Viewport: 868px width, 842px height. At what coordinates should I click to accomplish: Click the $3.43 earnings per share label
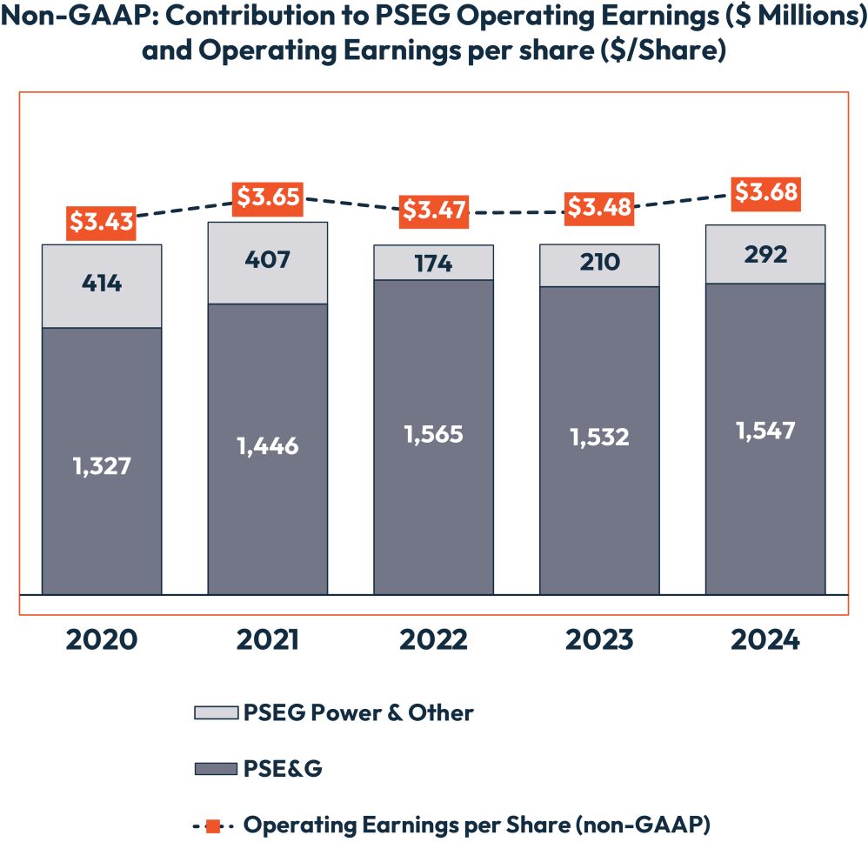tap(102, 223)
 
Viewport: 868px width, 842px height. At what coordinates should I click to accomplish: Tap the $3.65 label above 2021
tap(268, 197)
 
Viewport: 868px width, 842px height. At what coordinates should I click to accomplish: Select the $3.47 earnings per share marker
tap(434, 211)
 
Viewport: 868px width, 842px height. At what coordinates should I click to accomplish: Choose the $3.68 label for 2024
tap(765, 192)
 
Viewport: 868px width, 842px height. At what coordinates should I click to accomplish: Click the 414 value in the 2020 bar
tap(102, 284)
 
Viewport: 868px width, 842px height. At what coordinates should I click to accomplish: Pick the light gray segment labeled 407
tap(268, 262)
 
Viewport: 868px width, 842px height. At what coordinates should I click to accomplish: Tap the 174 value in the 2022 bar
tap(434, 263)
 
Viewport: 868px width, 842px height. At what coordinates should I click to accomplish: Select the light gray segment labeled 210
tap(599, 262)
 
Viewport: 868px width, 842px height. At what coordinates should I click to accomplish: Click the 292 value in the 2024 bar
tap(765, 254)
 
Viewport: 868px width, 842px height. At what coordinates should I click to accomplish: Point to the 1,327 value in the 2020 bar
tap(102, 466)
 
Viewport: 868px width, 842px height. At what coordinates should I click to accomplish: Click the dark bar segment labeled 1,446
tap(268, 446)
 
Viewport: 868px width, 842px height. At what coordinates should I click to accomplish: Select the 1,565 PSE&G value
tap(434, 435)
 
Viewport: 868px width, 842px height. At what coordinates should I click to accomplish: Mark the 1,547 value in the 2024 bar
tap(765, 430)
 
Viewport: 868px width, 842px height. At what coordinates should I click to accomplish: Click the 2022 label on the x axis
tap(434, 640)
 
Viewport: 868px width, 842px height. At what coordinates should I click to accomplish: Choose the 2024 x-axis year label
tap(765, 640)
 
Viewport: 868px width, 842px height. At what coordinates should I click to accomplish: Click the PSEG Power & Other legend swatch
tap(214, 713)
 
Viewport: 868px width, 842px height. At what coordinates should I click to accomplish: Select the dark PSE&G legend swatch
tap(214, 769)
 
